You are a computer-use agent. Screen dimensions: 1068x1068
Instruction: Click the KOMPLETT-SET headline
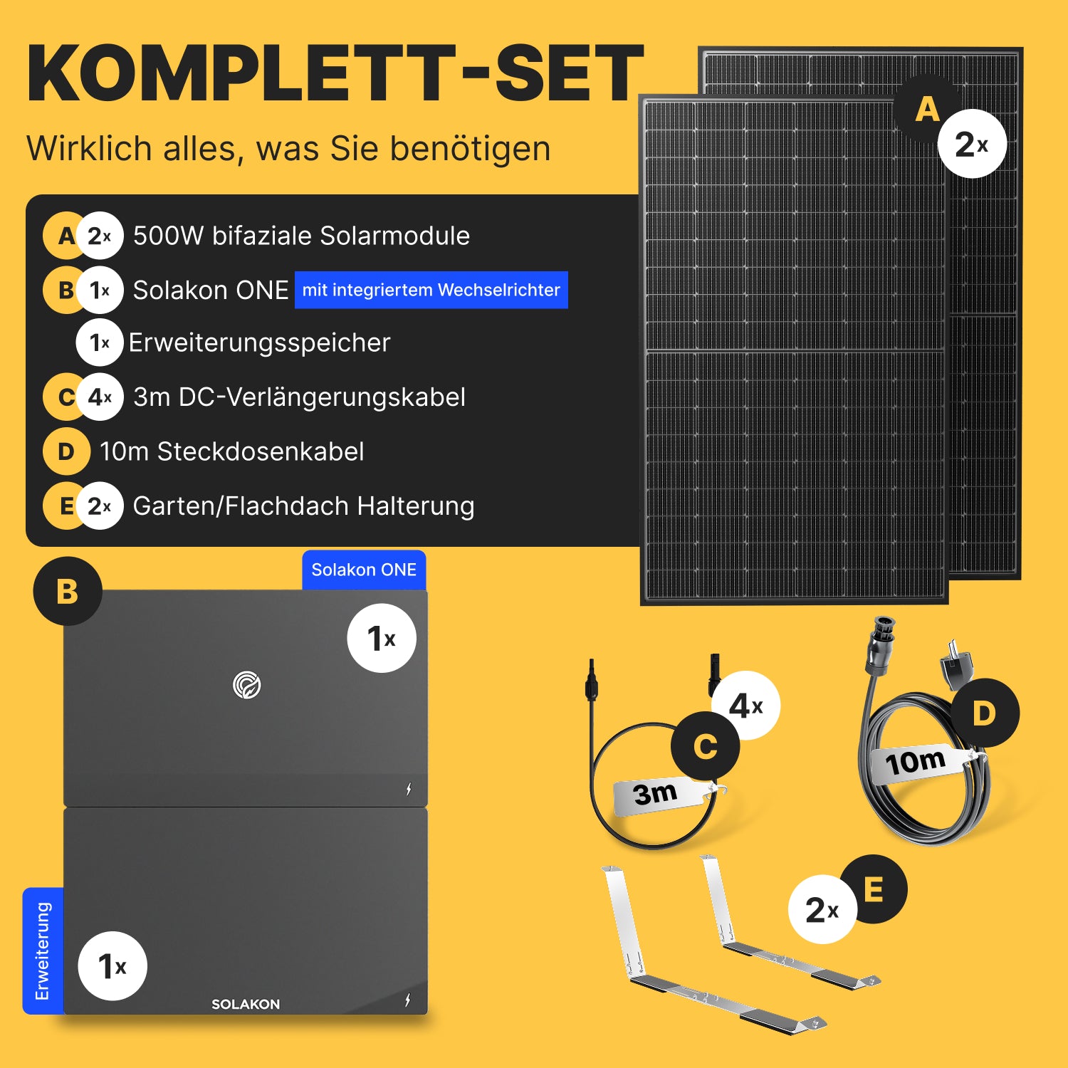click(x=335, y=73)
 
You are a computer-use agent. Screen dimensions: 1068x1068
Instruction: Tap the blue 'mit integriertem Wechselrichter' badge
click(x=431, y=290)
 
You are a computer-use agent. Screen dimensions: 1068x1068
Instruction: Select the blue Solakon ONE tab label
click(x=364, y=570)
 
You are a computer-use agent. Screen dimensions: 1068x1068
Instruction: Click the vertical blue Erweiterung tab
click(x=43, y=951)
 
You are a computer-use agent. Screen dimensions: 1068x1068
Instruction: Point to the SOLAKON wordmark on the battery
click(x=246, y=1004)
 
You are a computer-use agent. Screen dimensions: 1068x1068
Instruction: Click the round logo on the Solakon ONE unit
click(x=247, y=685)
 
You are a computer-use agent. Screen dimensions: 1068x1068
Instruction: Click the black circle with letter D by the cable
click(x=985, y=713)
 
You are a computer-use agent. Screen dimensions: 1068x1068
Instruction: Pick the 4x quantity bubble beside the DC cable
click(x=746, y=706)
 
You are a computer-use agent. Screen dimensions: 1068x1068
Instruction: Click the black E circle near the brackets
click(x=873, y=889)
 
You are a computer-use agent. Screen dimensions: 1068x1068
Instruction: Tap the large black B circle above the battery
click(x=68, y=591)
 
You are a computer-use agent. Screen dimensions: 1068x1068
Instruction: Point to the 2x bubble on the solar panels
click(x=972, y=144)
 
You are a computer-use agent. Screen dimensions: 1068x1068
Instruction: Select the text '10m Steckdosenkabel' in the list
click(x=232, y=451)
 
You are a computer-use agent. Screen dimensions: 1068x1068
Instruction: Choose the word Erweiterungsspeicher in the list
click(x=259, y=343)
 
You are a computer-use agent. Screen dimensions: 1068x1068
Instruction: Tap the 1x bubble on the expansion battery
click(x=112, y=966)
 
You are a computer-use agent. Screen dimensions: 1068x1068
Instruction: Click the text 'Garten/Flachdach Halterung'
click(x=304, y=506)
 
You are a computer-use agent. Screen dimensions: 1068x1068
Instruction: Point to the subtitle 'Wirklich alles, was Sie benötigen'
click(x=288, y=149)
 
